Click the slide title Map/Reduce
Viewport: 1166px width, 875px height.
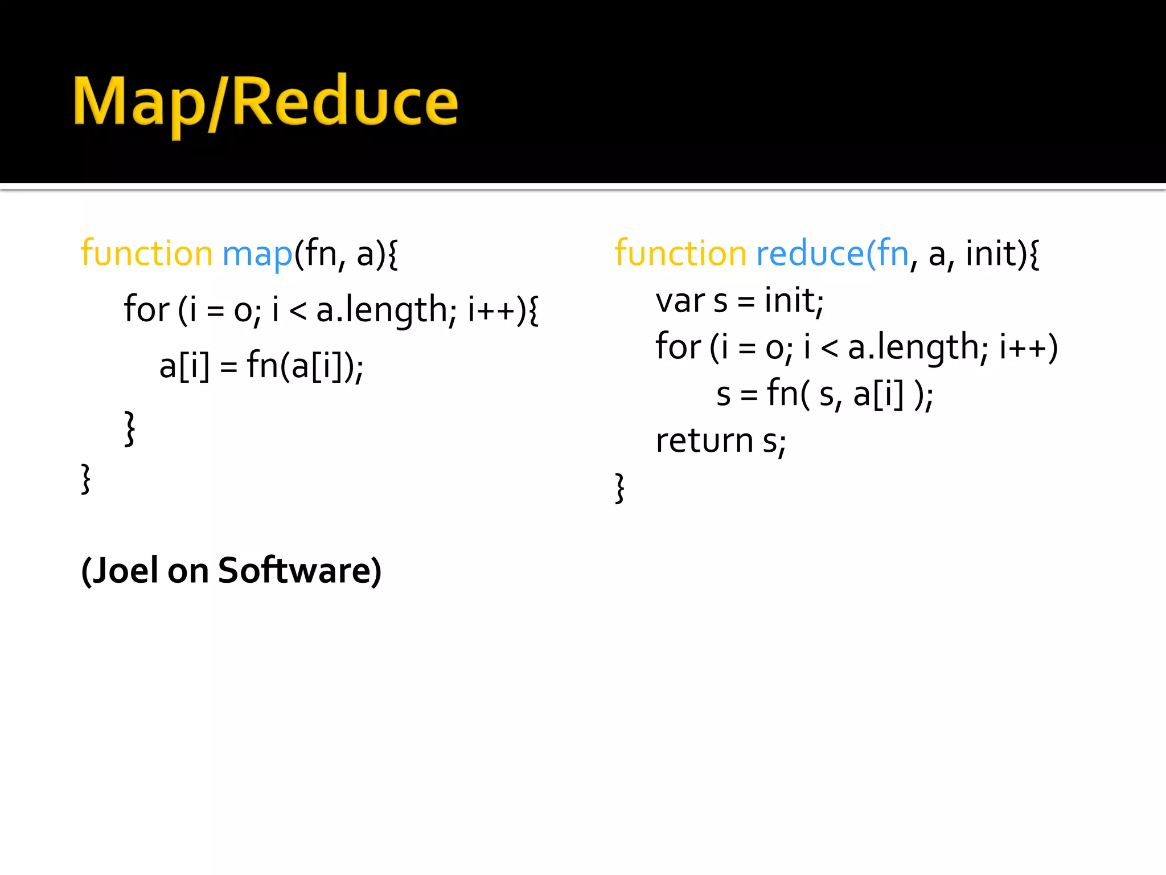tap(265, 103)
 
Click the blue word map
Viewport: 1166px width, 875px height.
tap(257, 254)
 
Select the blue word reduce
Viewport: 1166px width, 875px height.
tap(810, 254)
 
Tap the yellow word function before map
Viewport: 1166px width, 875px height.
tap(147, 254)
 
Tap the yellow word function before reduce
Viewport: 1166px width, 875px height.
tap(680, 254)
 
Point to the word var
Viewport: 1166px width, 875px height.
tap(680, 302)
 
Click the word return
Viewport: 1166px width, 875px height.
tap(705, 441)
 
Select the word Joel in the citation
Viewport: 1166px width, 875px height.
tap(125, 571)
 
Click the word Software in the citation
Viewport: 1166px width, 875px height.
tap(295, 571)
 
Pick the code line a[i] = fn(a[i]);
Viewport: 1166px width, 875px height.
tap(261, 366)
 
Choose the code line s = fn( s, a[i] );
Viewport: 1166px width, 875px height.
tap(824, 394)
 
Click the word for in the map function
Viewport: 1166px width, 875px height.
tap(146, 310)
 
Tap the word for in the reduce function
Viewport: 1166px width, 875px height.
tap(678, 346)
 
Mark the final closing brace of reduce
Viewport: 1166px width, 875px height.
tap(620, 488)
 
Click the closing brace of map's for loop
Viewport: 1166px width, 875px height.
tap(130, 428)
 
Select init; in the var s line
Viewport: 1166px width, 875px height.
tap(794, 302)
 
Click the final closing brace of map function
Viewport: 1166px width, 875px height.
tap(86, 480)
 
